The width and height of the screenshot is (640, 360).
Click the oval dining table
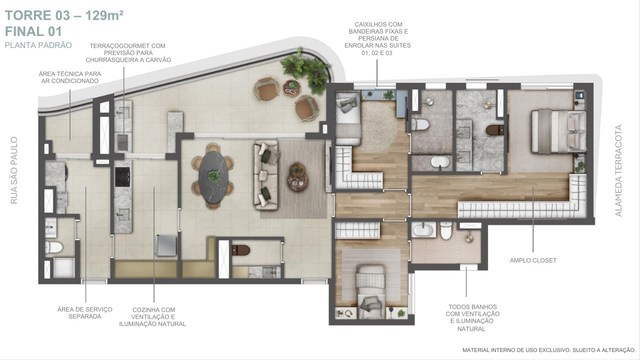click(x=213, y=177)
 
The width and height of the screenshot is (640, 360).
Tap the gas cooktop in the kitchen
click(x=122, y=177)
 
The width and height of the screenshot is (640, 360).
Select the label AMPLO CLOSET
click(x=533, y=260)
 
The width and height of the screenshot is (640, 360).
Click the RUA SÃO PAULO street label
click(x=13, y=170)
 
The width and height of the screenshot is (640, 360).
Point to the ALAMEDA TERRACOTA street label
click(x=618, y=170)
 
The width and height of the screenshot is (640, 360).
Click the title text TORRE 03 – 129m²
click(x=64, y=15)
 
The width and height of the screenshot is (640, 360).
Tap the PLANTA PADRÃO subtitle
click(x=38, y=45)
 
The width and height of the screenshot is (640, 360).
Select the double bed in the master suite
click(x=559, y=131)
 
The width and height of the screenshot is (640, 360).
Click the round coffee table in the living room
click(x=297, y=177)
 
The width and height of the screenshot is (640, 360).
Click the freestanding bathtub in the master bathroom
click(x=440, y=162)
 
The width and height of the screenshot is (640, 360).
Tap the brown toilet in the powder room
click(x=241, y=250)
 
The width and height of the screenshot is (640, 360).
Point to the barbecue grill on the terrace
click(x=123, y=142)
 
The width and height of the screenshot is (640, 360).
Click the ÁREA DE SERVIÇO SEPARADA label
click(x=85, y=313)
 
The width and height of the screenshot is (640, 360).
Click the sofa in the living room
click(x=265, y=175)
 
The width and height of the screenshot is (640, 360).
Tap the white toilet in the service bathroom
click(x=54, y=247)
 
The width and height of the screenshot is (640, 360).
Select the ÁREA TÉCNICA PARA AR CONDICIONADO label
click(x=70, y=77)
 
